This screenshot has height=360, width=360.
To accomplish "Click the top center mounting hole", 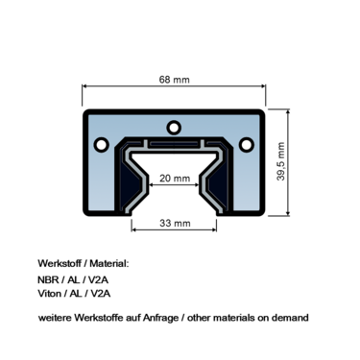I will pyautogui.click(x=174, y=126).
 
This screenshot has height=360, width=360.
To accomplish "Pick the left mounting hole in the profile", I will pyautogui.click(x=101, y=144).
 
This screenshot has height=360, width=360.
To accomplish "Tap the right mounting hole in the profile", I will pyautogui.click(x=247, y=144).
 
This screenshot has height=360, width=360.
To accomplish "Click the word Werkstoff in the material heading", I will pyautogui.click(x=60, y=263).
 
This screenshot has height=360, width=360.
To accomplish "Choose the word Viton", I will pyautogui.click(x=50, y=294).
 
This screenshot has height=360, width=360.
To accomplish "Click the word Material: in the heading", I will pyautogui.click(x=107, y=263).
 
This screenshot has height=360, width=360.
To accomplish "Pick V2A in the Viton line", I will pyautogui.click(x=103, y=294).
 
